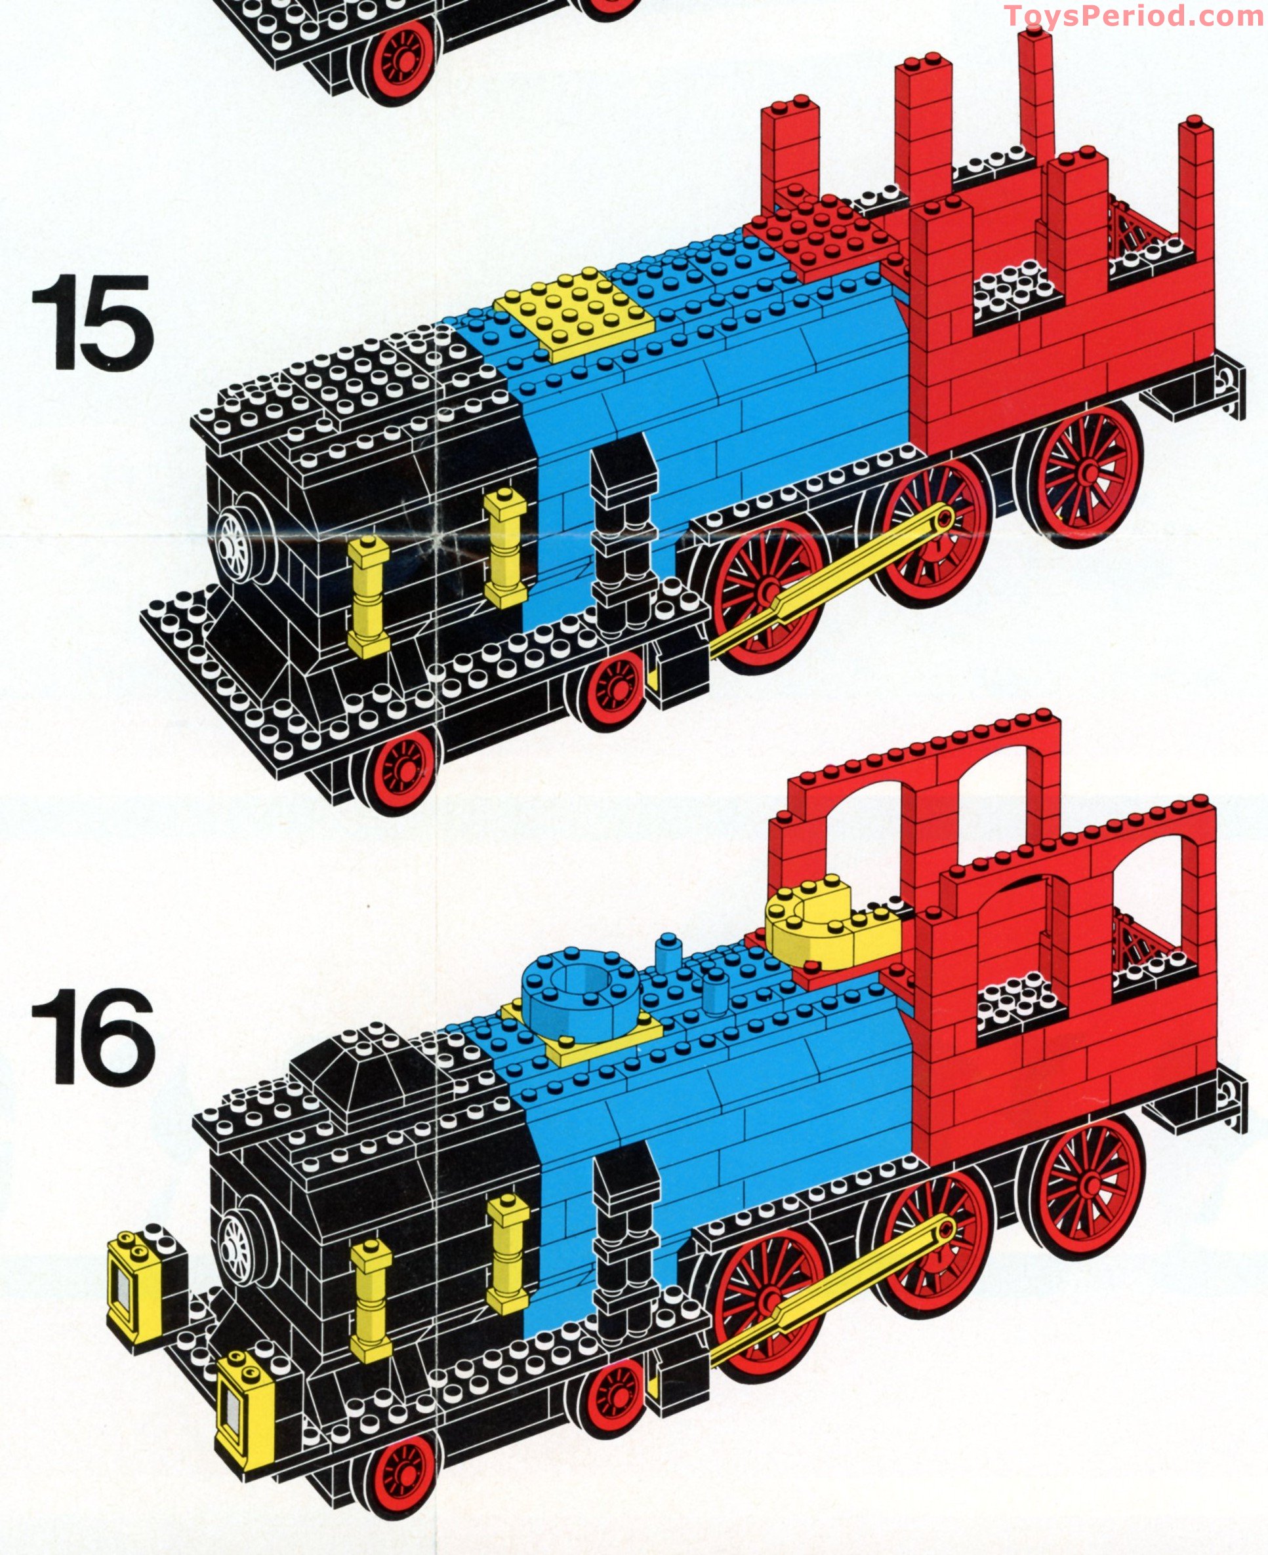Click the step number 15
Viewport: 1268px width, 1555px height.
(x=92, y=323)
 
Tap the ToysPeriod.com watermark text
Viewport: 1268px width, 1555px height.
(x=1134, y=16)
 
